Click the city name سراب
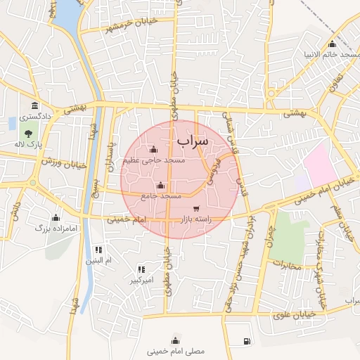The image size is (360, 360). point(193,142)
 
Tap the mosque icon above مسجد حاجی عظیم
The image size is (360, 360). point(154,149)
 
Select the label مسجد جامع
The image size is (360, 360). point(161,195)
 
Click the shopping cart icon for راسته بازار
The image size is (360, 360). point(195,209)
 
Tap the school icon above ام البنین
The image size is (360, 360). point(99,250)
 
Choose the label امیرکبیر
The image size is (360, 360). point(141,281)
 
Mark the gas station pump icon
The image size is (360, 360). point(246,341)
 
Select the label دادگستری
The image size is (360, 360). point(35,117)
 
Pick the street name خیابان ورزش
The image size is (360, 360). point(63,165)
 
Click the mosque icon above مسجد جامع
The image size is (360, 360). point(161,186)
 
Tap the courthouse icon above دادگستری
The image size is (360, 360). point(34,106)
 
